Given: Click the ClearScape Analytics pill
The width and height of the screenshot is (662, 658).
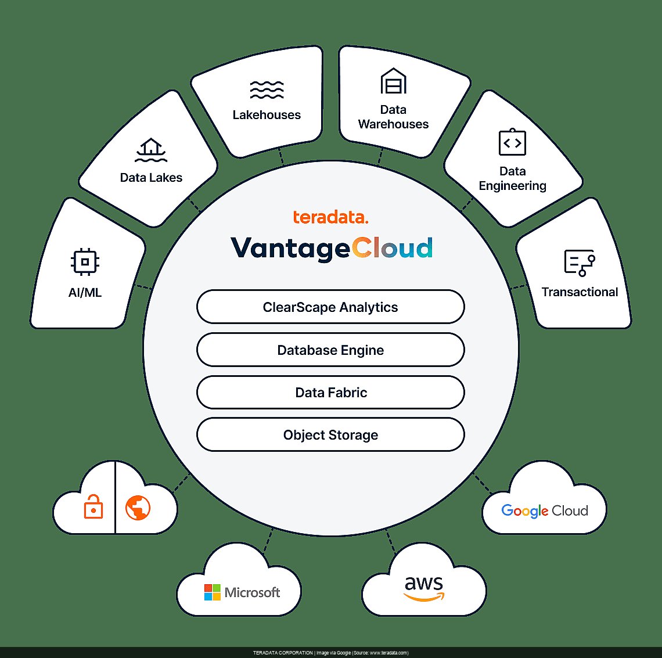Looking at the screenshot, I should pos(330,307).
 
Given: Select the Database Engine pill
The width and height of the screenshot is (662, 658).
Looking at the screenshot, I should pos(330,350).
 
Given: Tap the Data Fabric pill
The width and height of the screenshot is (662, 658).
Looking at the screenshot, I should pos(330,393).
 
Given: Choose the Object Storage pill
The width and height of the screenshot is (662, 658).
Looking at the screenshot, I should pos(330,435).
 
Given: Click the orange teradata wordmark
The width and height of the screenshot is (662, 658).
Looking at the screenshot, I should pos(330,218).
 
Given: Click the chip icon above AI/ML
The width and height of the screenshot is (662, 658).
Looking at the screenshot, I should pos(85,262).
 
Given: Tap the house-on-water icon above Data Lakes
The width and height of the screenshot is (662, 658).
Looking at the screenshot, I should pos(151,150).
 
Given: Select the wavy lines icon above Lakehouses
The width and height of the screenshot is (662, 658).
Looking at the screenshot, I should pos(267,89).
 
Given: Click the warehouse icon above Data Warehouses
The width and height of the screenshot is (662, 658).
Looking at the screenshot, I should pos(393,81).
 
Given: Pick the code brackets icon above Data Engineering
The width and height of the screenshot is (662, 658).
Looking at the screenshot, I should pos(512,142).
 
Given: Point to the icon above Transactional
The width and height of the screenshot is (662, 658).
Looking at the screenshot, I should pos(579,263).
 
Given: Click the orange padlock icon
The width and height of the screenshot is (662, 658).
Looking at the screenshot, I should pos(93,507).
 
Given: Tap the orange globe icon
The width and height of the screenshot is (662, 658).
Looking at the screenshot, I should pos(138,508).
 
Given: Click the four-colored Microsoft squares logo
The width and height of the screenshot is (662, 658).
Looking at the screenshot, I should pos(213,592).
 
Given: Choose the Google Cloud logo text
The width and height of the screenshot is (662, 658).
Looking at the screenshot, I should pos(544,510).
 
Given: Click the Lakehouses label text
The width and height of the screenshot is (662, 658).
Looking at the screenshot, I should pos(267,115).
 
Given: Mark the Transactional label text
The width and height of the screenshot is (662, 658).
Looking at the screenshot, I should pos(580,292).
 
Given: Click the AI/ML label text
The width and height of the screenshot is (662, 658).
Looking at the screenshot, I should pos(85,293).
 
